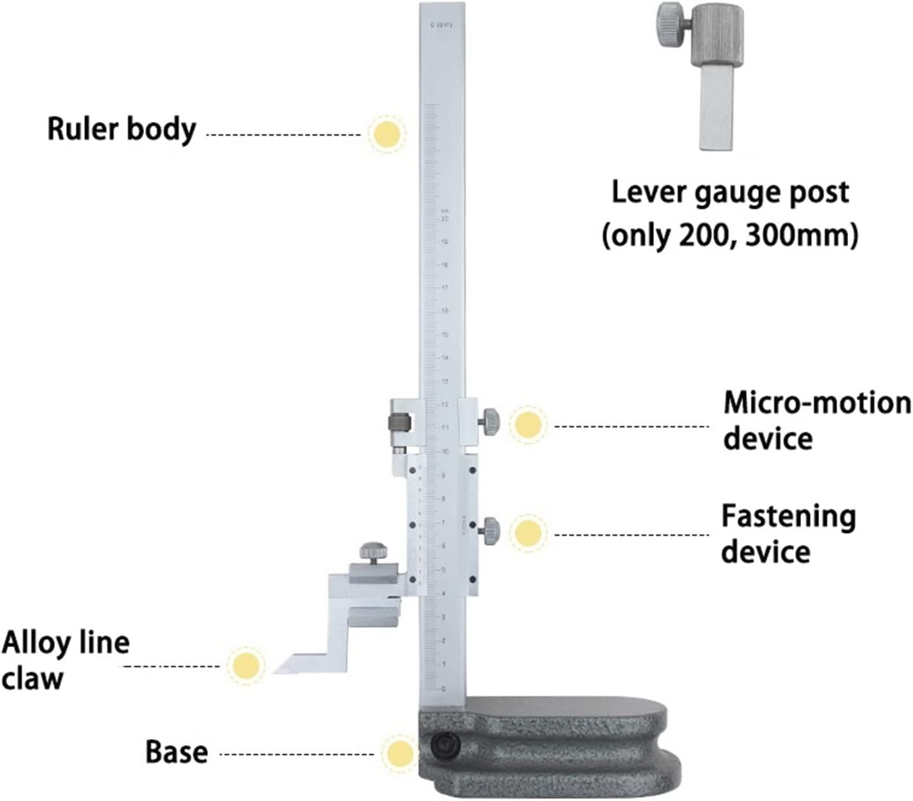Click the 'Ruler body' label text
click(x=122, y=129)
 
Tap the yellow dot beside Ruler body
click(x=387, y=134)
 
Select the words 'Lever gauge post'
click(x=729, y=192)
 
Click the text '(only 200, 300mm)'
click(x=729, y=236)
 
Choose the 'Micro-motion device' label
click(x=816, y=421)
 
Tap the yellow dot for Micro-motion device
click(x=528, y=424)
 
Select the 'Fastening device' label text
click(x=788, y=534)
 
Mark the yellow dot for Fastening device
click(x=528, y=532)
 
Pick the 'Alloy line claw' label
click(x=65, y=660)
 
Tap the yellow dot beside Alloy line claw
click(x=246, y=665)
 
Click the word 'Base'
click(x=176, y=751)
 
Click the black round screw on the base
click(x=445, y=745)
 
